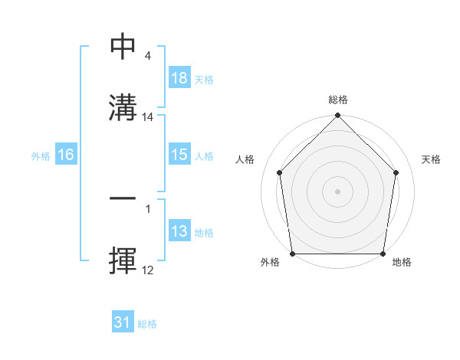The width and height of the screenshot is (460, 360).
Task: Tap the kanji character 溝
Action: [123, 106]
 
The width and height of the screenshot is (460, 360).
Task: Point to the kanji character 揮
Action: [123, 259]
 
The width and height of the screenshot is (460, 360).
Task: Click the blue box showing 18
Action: [179, 77]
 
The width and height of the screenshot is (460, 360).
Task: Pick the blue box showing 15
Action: [179, 155]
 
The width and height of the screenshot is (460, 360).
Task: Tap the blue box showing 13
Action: [179, 231]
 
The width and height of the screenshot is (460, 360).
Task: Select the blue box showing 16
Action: [66, 155]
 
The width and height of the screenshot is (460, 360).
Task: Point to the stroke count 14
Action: [149, 117]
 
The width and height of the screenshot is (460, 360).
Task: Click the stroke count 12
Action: [149, 270]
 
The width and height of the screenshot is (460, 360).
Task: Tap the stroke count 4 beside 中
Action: [147, 56]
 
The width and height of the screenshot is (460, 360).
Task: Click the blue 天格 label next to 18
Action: [204, 79]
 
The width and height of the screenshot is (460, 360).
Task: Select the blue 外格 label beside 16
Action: [41, 155]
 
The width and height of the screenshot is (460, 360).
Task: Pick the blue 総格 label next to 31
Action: [147, 324]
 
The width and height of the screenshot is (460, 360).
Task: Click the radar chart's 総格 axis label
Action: [338, 100]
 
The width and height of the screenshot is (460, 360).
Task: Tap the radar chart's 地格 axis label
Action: [402, 262]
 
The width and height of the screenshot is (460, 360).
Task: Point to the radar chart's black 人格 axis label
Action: [245, 159]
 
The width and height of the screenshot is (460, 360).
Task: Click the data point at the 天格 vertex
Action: [396, 172]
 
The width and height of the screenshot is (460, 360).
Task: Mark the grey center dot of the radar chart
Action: [338, 191]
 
